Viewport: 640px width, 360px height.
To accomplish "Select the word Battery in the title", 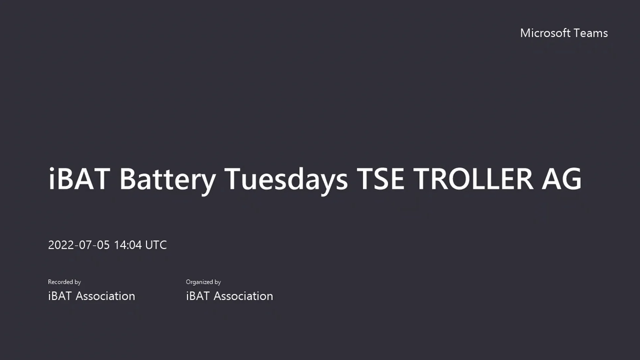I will coord(167,179).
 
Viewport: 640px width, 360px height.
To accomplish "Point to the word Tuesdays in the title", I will coord(286,179).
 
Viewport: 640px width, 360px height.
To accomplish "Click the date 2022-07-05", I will coord(79,245).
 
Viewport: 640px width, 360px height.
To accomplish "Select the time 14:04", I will coord(128,245).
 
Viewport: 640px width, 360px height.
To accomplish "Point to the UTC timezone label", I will coord(156,245).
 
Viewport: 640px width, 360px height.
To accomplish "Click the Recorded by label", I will coord(64,282).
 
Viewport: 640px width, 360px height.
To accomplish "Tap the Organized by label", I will coord(203,282).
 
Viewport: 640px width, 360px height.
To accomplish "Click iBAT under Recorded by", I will coord(60,296).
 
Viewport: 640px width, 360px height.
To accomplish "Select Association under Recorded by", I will coord(105,296).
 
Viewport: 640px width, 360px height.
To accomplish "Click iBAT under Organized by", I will coord(198,296).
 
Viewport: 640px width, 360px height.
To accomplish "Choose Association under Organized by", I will coord(243,296).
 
